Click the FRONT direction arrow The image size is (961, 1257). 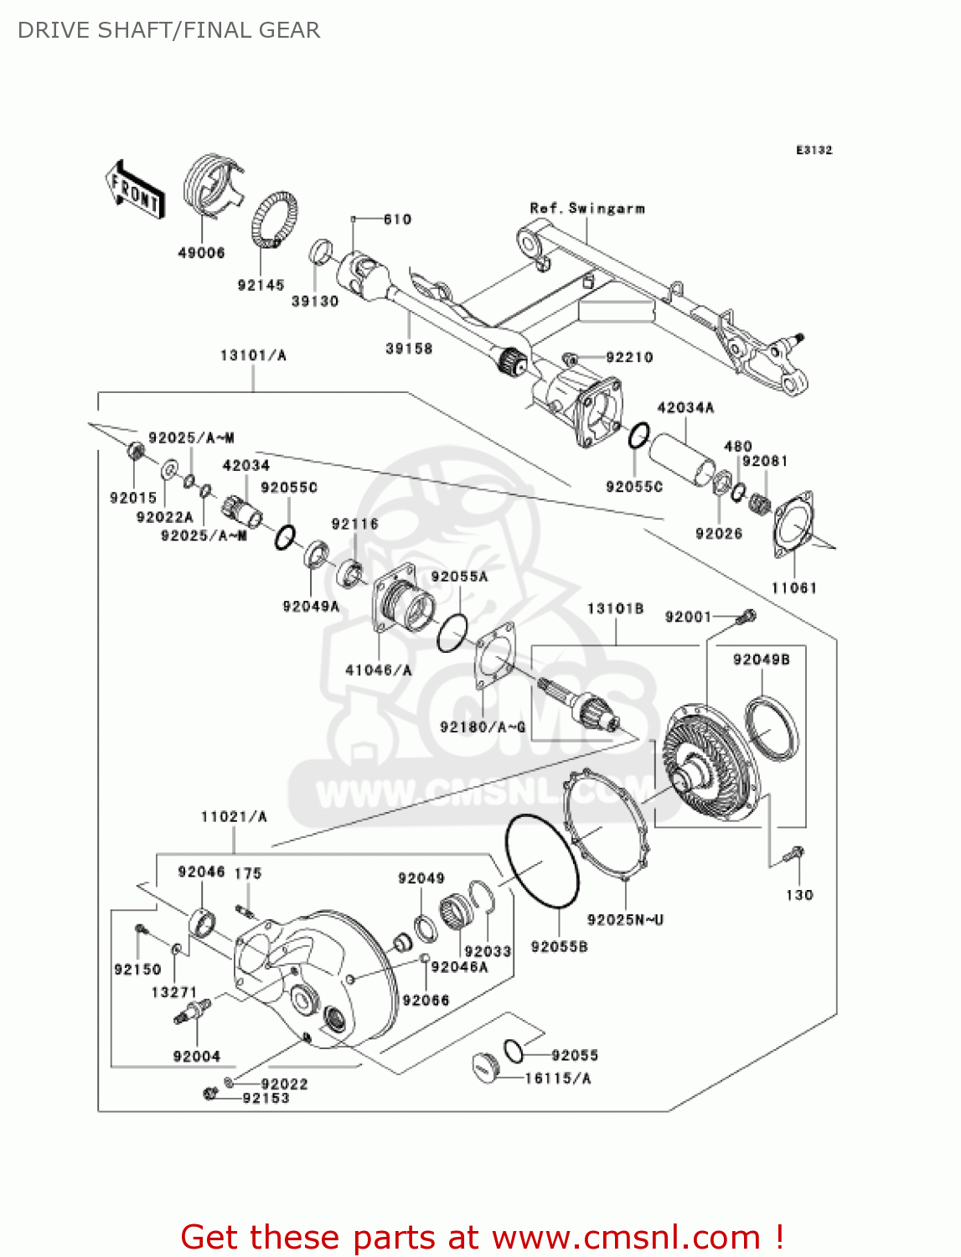134,190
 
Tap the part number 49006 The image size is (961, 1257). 201,252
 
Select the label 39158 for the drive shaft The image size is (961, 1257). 409,349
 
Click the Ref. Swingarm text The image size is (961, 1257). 587,208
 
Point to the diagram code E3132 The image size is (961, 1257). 814,150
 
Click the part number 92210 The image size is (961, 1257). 629,357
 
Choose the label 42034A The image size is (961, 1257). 685,407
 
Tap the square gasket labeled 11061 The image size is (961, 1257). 793,523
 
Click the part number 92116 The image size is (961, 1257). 354,524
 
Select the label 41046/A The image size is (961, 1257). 379,670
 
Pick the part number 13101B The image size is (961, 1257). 615,608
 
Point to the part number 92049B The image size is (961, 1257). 761,660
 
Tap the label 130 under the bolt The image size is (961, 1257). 799,895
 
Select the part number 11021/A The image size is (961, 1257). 234,816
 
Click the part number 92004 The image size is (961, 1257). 197,1056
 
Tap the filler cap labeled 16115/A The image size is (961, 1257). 486,1067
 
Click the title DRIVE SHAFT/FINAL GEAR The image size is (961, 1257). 168,30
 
